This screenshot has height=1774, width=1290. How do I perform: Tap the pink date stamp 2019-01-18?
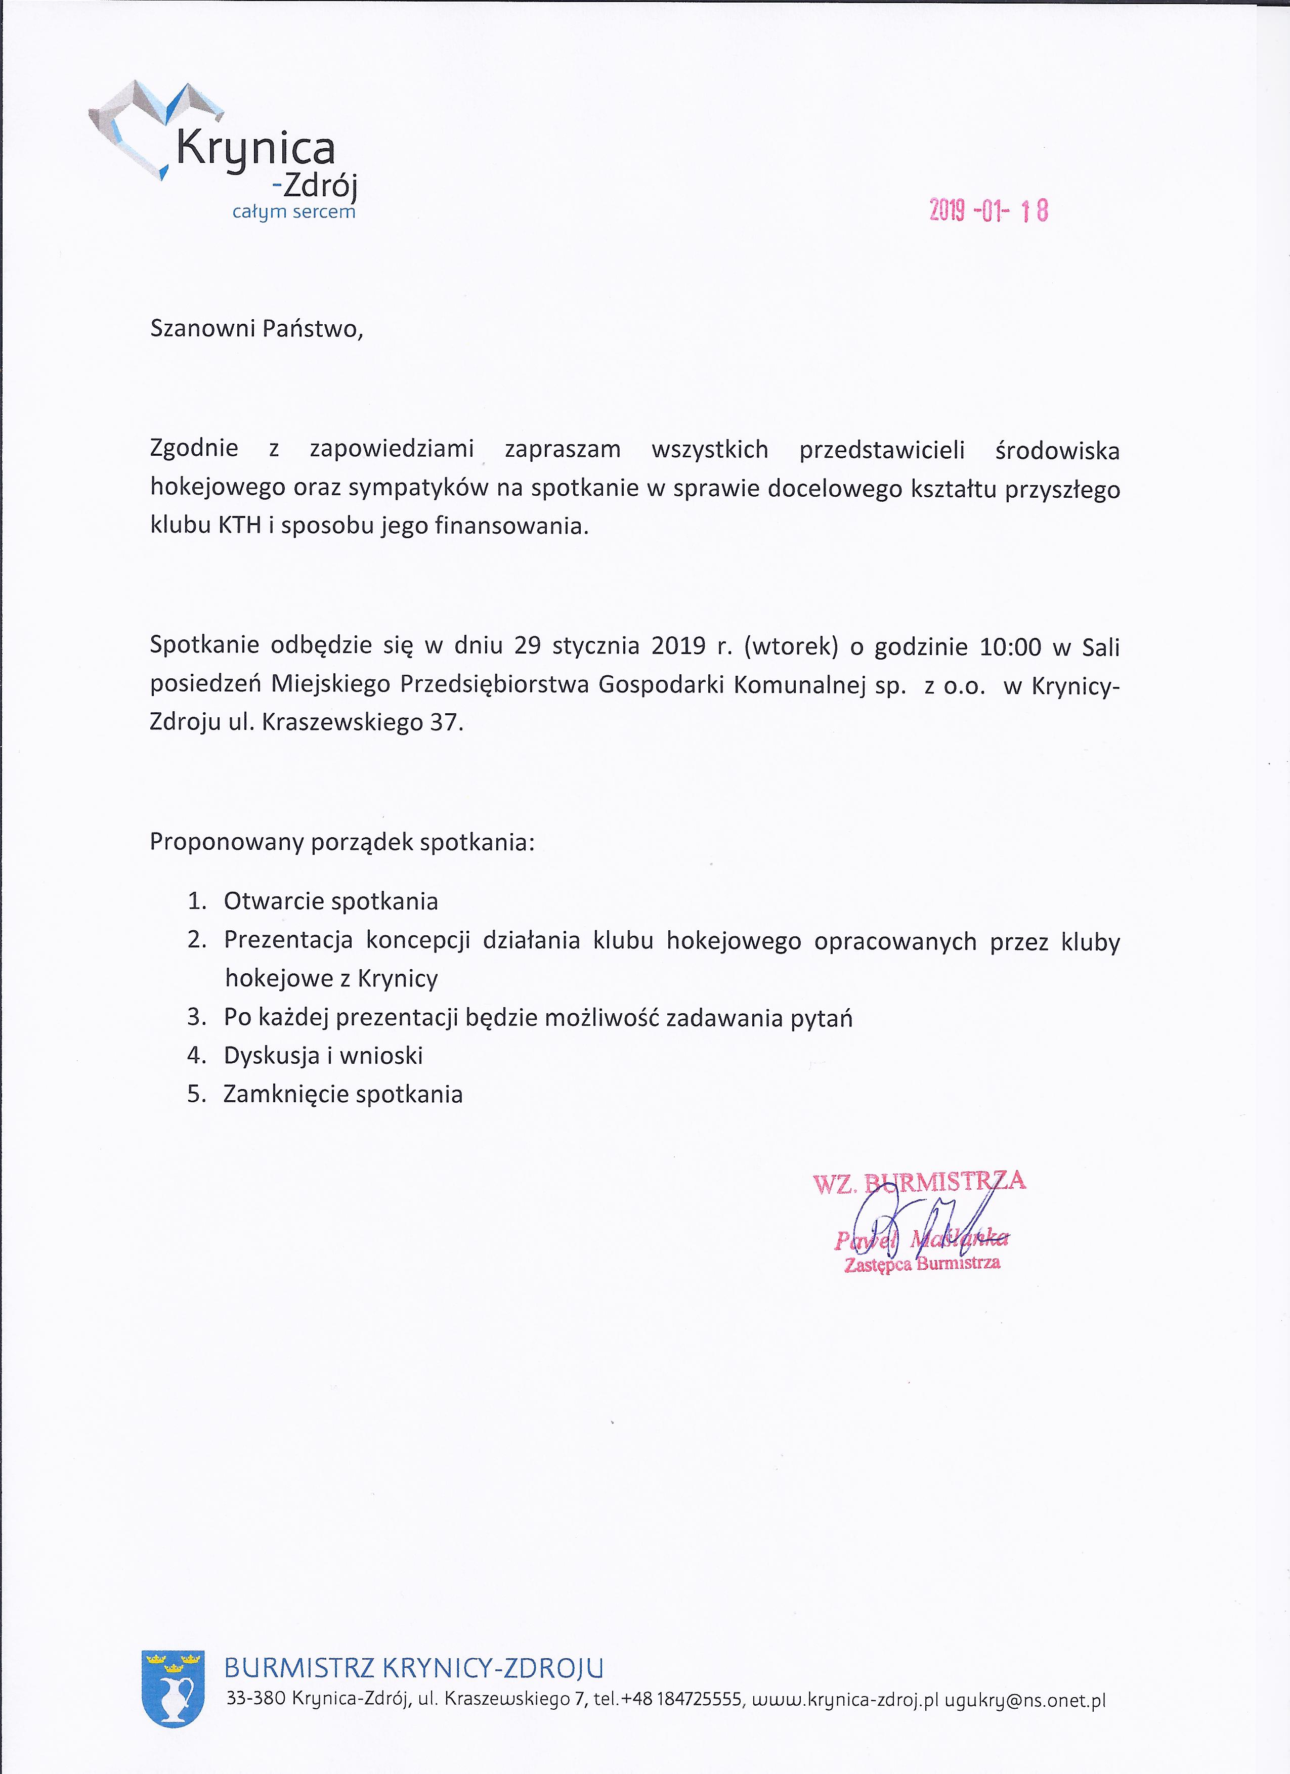988,210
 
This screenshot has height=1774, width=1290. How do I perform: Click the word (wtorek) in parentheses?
791,647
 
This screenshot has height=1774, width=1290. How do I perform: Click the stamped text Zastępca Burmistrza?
922,1264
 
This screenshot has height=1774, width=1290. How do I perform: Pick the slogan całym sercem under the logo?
294,212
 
